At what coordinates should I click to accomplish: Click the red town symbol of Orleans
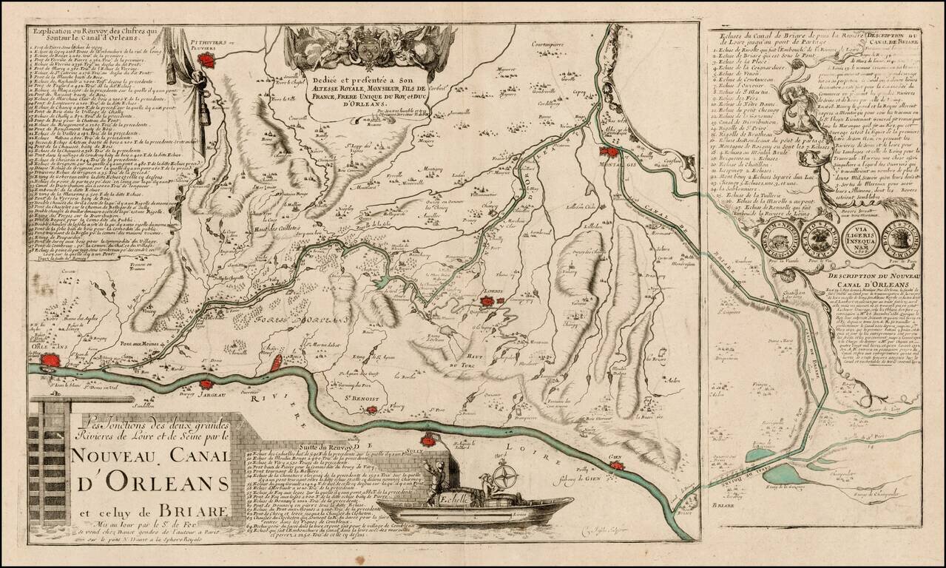(x=50, y=361)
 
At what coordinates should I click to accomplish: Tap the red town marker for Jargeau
(x=205, y=385)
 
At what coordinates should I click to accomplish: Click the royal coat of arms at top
(x=368, y=48)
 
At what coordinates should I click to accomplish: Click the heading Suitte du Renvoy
(x=331, y=447)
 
